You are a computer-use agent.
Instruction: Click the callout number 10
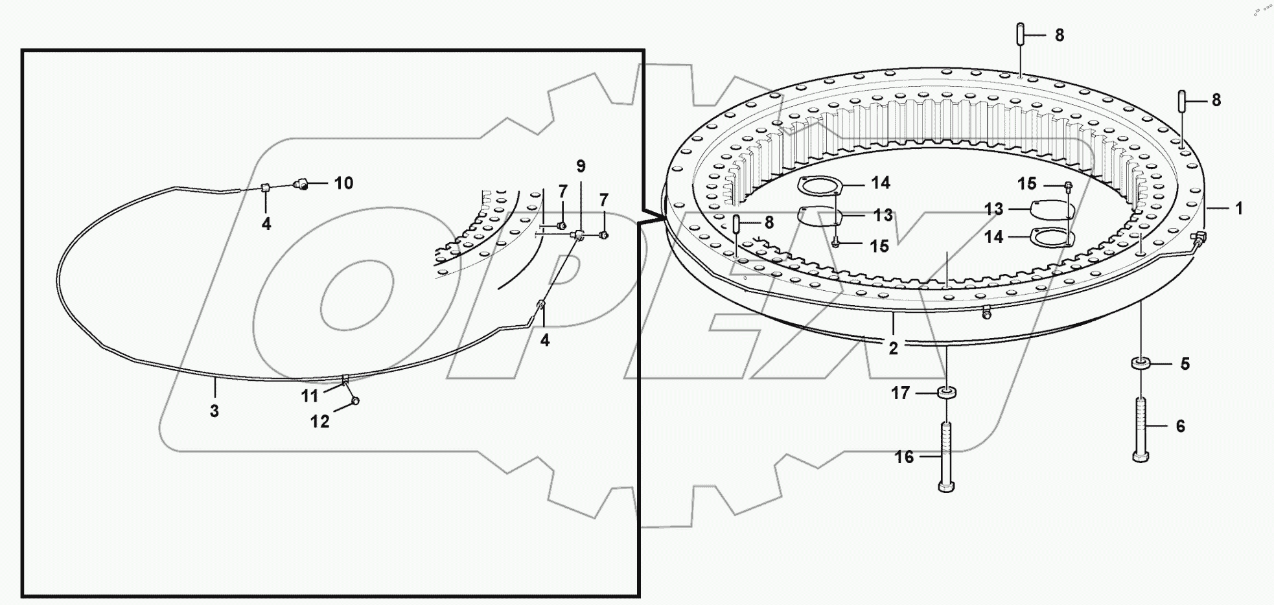click(343, 183)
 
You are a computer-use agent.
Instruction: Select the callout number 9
click(581, 166)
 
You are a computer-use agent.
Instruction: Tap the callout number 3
click(214, 411)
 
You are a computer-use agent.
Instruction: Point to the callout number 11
click(310, 396)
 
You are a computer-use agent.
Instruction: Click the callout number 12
click(320, 422)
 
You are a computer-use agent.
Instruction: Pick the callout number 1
click(1238, 209)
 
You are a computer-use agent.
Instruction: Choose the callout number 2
click(893, 348)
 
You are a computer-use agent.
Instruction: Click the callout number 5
click(1185, 364)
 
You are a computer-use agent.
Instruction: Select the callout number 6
click(1180, 426)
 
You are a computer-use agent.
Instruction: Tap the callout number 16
click(904, 457)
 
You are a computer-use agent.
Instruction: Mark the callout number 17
click(900, 393)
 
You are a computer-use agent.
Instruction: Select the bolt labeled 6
click(1141, 429)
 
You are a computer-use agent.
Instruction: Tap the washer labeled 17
click(947, 393)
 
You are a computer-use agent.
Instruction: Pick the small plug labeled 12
click(354, 401)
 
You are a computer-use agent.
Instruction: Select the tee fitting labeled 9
click(578, 234)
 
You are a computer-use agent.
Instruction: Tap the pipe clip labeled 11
click(345, 379)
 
